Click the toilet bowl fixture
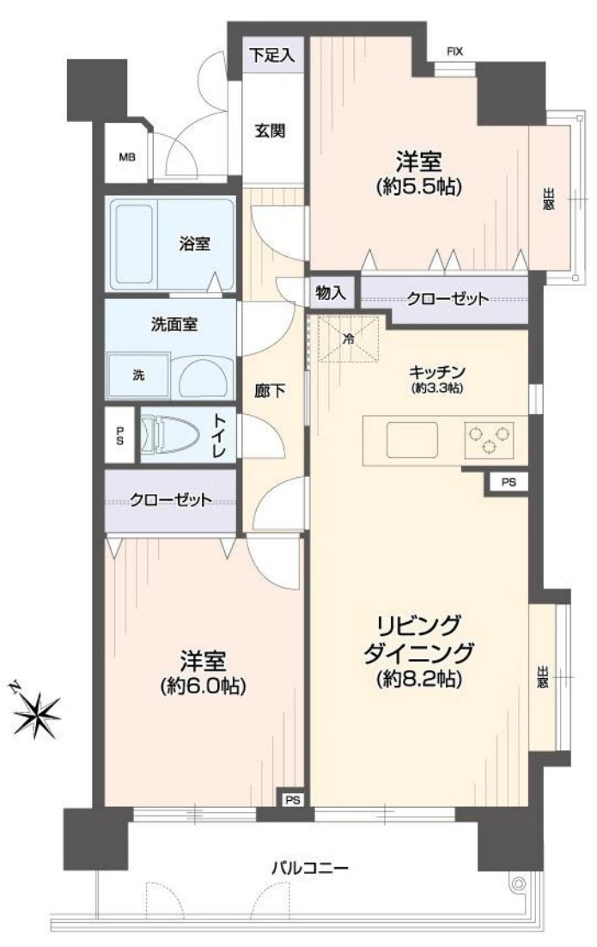[170, 434]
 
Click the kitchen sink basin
[412, 440]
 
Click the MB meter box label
[127, 157]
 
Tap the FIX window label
[454, 52]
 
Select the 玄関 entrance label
[270, 131]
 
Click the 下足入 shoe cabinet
[273, 56]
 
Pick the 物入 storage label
[331, 294]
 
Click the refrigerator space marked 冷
[348, 339]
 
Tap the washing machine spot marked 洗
[138, 376]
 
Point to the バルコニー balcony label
[309, 869]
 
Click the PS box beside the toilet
[119, 436]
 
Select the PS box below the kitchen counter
[509, 483]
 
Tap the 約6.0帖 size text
[203, 686]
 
